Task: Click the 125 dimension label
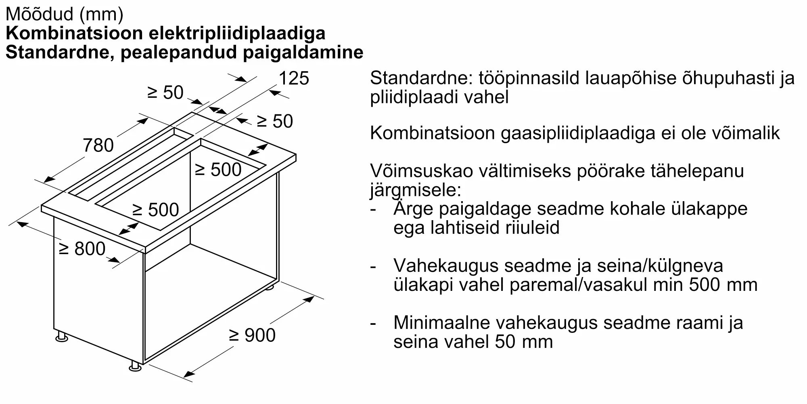click(294, 78)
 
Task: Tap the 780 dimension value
click(98, 145)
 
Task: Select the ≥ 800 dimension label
click(82, 249)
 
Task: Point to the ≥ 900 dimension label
click(252, 335)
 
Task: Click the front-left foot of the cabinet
click(62, 337)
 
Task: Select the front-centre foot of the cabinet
click(135, 366)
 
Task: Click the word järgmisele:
click(415, 190)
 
